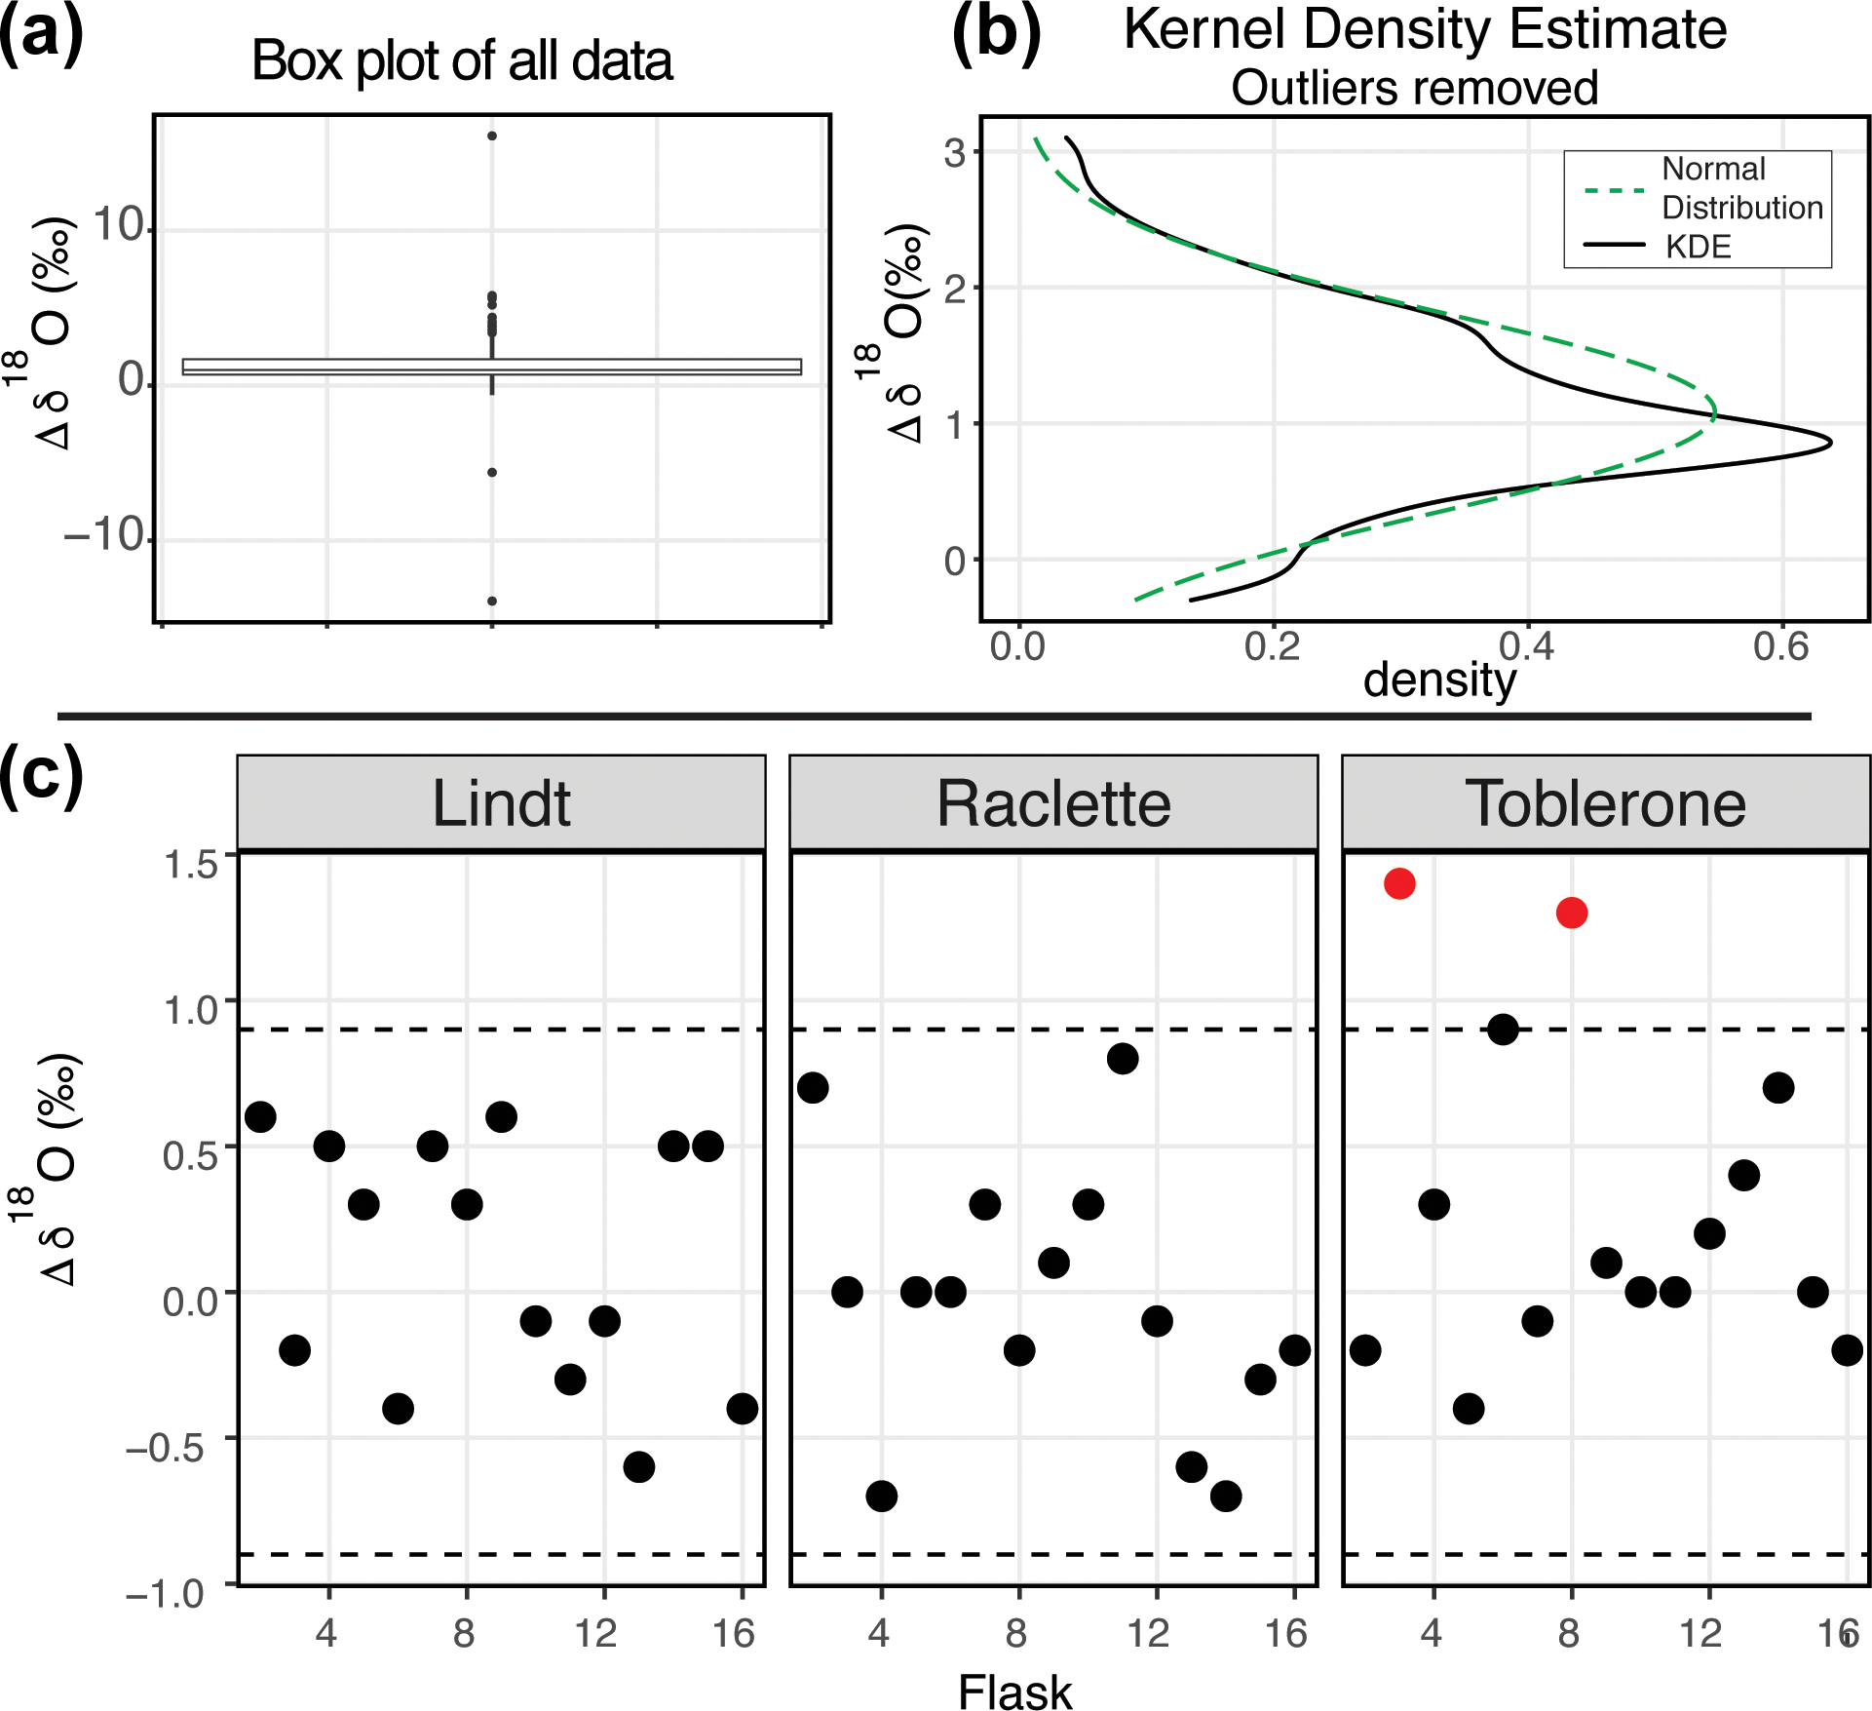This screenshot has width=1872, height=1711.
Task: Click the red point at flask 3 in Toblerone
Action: (1399, 883)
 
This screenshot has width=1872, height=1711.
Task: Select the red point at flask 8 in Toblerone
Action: (1572, 913)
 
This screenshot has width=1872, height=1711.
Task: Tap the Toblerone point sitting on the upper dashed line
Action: (1503, 1029)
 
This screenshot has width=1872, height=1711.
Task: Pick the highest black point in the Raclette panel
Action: (1123, 1058)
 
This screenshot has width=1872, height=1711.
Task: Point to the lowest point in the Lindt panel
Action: (638, 1466)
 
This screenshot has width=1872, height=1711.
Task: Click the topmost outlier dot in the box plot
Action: (492, 136)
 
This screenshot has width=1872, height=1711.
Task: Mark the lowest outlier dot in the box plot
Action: (492, 601)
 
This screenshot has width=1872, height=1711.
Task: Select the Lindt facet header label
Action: (501, 803)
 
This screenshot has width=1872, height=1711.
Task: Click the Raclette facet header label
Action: (1053, 803)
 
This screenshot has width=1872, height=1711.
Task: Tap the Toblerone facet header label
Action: (1605, 803)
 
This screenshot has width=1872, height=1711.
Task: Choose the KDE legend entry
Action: (1698, 247)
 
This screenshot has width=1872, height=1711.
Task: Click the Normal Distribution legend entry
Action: (1741, 188)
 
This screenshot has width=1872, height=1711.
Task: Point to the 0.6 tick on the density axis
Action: (1781, 647)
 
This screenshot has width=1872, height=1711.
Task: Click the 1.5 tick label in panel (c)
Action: (191, 864)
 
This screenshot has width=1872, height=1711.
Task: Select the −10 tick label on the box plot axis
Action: (105, 534)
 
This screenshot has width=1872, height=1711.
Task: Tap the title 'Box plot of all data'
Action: (462, 60)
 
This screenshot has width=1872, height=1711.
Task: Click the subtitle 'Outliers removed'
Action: (1414, 88)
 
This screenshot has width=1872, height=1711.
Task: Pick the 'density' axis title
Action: (1439, 680)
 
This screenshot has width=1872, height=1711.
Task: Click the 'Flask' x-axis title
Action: (1014, 1691)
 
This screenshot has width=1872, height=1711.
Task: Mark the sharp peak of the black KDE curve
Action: (1830, 443)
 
